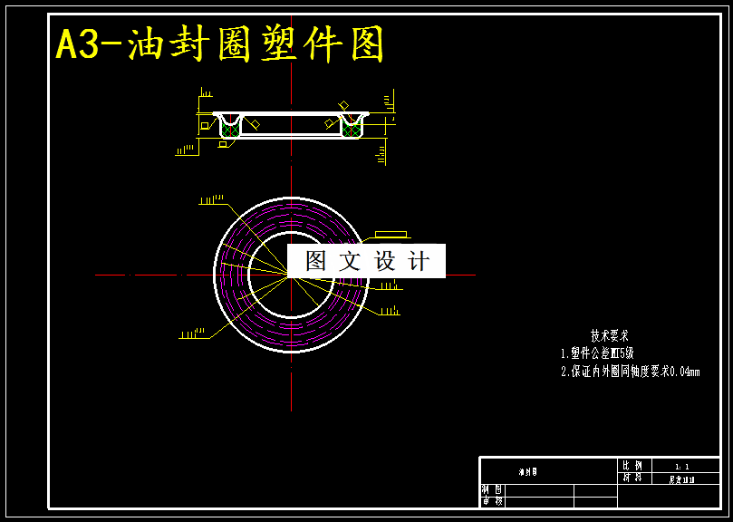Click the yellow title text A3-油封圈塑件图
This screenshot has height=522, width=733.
pyautogui.click(x=221, y=44)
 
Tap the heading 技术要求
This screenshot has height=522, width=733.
pyautogui.click(x=609, y=335)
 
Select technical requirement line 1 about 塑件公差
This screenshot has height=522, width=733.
pyautogui.click(x=598, y=353)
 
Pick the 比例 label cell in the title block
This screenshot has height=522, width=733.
pyautogui.click(x=632, y=466)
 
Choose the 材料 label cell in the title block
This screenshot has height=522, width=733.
pyautogui.click(x=632, y=478)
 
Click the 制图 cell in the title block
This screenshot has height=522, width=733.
pyautogui.click(x=492, y=490)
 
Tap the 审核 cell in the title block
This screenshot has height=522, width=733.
pyautogui.click(x=492, y=501)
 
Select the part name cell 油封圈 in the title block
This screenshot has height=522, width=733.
pyautogui.click(x=528, y=472)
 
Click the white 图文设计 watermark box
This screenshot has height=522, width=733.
pyautogui.click(x=366, y=261)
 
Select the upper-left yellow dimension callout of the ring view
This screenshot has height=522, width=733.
pyautogui.click(x=211, y=199)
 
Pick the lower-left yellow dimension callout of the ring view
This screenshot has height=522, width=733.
pyautogui.click(x=191, y=334)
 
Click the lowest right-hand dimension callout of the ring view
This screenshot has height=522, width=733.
pyautogui.click(x=390, y=311)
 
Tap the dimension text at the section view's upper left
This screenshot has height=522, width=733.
pyautogui.click(x=206, y=93)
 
